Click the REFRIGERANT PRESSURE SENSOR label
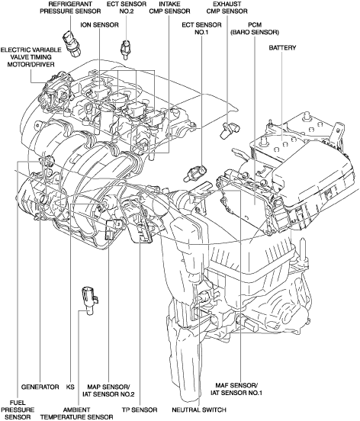[70, 8]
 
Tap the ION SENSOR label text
[100, 25]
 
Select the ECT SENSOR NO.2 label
[127, 8]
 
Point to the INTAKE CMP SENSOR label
[169, 8]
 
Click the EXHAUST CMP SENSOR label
[227, 8]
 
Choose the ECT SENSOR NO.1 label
[201, 28]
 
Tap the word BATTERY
[282, 48]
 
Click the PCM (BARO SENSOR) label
[255, 28]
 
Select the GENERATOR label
[40, 387]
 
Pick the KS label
[70, 387]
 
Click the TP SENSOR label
[140, 410]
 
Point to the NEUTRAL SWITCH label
[199, 410]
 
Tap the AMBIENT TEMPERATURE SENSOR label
[76, 413]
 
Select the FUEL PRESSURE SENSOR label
[18, 410]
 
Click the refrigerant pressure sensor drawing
[71, 43]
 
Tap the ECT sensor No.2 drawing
[125, 50]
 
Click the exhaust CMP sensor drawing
[228, 130]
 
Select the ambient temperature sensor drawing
[90, 300]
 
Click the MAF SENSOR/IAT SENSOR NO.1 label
[236, 389]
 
